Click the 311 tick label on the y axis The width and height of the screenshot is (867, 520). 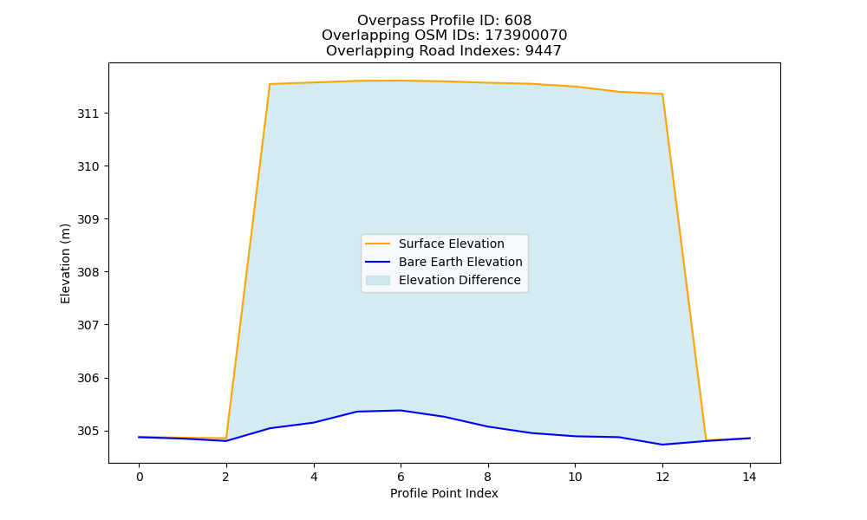[87, 114]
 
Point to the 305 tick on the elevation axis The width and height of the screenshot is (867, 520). [87, 431]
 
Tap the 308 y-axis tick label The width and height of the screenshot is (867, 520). [87, 272]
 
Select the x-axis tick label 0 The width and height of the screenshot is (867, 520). [140, 477]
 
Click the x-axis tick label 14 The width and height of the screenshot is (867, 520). [749, 477]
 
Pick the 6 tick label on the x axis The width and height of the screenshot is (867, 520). [401, 477]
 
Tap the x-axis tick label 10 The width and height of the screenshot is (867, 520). [575, 477]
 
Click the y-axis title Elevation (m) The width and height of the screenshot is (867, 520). [65, 263]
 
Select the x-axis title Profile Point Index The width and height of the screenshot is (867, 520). [444, 493]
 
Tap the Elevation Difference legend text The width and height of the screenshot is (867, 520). [460, 280]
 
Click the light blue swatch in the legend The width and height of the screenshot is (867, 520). [378, 280]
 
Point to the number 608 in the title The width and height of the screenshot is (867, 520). [518, 21]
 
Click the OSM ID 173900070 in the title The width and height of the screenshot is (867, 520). [526, 36]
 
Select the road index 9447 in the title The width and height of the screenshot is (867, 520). [543, 51]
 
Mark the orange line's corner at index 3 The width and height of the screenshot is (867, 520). [270, 84]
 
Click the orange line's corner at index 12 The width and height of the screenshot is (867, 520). [662, 94]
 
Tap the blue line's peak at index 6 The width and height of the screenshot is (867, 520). [401, 410]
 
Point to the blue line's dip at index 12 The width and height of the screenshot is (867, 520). [662, 445]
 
